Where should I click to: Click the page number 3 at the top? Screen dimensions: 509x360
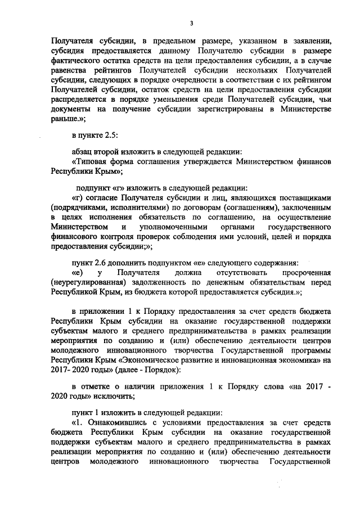coord(191,22)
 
